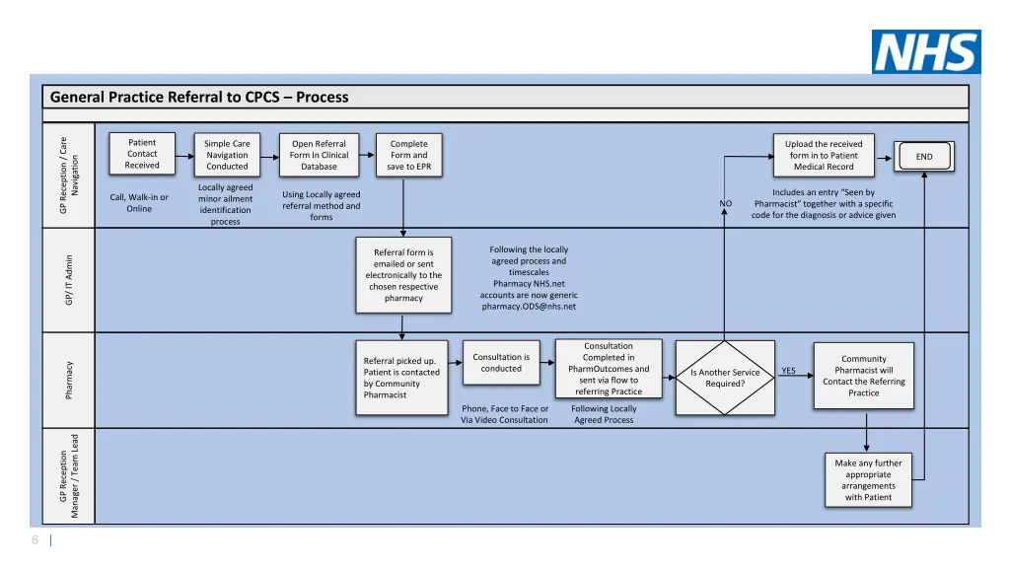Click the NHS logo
click(x=925, y=51)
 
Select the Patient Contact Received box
click(x=142, y=154)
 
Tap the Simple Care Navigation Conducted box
click(x=227, y=155)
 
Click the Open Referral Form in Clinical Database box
click(x=319, y=155)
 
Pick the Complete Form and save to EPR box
click(x=408, y=155)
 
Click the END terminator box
click(x=924, y=157)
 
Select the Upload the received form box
click(x=824, y=155)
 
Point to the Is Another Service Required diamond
click(x=725, y=378)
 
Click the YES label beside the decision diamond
click(x=788, y=372)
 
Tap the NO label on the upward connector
click(x=726, y=204)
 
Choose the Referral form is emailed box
click(x=403, y=275)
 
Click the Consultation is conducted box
click(x=501, y=363)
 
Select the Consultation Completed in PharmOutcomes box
click(x=609, y=369)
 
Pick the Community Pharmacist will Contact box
click(x=863, y=376)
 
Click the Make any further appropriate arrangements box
click(x=868, y=479)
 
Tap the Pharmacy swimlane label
click(x=69, y=380)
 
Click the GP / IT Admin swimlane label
click(x=69, y=280)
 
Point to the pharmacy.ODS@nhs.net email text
click(x=529, y=307)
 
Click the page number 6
click(x=35, y=539)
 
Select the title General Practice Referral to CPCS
click(x=199, y=97)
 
